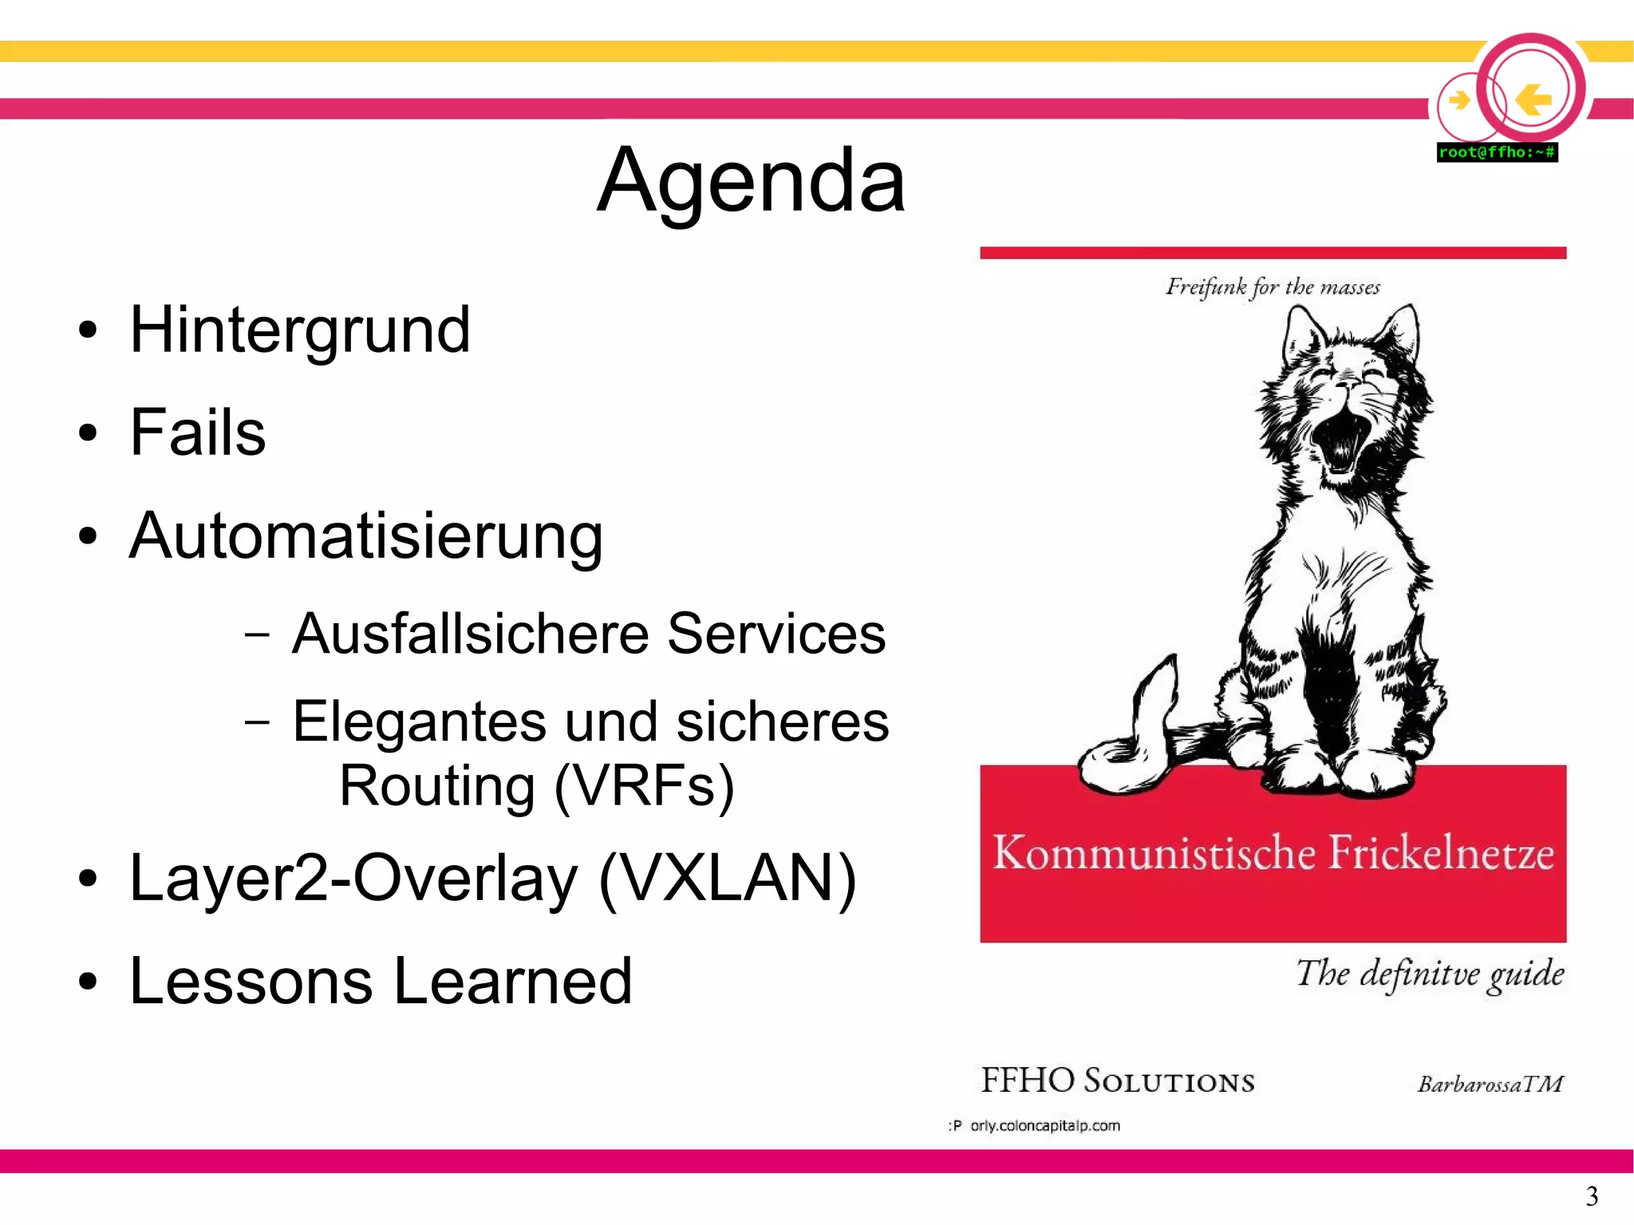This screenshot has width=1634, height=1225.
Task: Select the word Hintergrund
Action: pos(300,330)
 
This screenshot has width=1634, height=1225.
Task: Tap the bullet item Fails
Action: pos(197,433)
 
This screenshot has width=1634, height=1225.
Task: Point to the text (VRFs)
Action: pos(644,787)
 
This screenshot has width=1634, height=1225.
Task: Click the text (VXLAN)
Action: pos(727,879)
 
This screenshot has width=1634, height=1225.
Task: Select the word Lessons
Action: pos(251,981)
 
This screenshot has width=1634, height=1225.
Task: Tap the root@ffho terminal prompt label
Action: pos(1497,152)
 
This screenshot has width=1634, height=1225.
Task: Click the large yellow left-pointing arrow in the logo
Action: pos(1533,100)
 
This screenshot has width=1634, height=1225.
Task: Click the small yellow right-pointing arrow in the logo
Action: pos(1459,101)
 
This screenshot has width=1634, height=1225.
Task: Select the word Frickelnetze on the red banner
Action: pos(1441,853)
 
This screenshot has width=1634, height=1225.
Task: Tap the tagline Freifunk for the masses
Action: pos(1273,286)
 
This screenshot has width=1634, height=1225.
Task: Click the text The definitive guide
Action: pos(1429,974)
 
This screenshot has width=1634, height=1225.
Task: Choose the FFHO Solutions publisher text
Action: pos(1117,1081)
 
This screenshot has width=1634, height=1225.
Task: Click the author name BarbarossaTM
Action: pos(1490,1084)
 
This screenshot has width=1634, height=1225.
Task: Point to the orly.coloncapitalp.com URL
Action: pos(1044,1126)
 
